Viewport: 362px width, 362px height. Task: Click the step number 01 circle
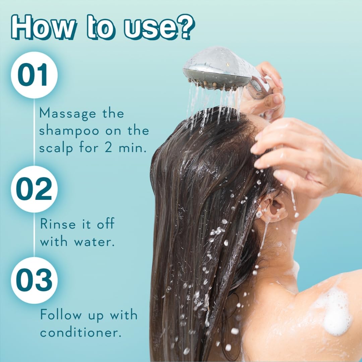34,75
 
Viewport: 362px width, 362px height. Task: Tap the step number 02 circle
34,189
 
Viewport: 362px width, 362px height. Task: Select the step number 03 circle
34,280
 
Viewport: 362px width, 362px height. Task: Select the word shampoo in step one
69,131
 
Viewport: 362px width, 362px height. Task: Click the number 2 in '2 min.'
108,148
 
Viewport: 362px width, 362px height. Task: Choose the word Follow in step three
61,315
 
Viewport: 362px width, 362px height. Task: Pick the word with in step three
124,315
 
